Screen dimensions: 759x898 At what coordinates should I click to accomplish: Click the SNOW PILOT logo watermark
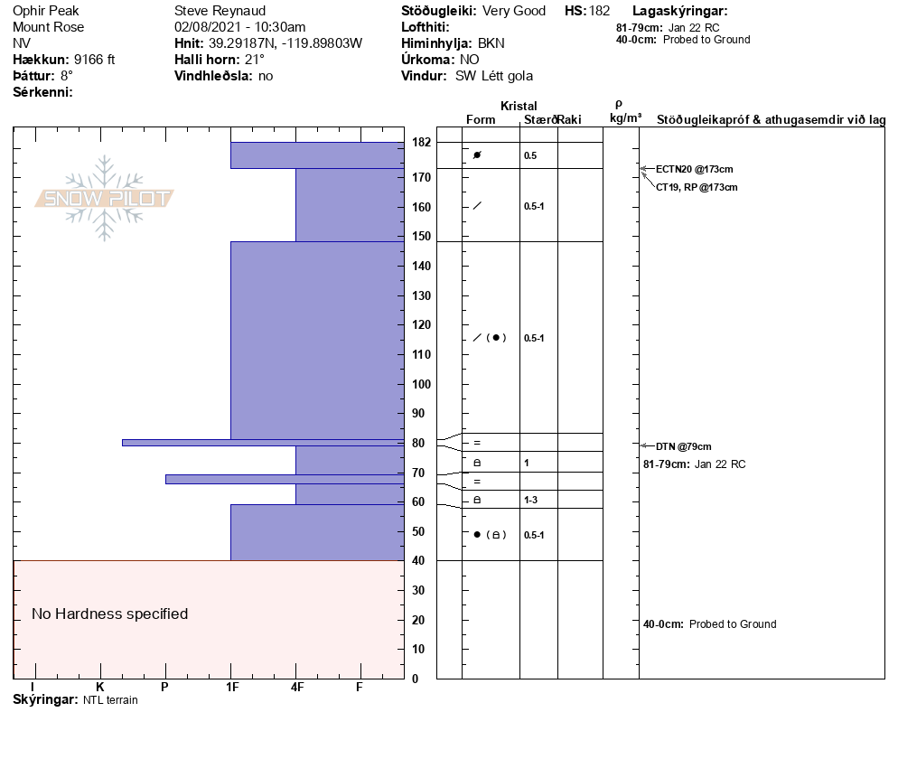tap(105, 199)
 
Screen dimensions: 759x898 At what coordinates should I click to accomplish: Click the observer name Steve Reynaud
tap(220, 11)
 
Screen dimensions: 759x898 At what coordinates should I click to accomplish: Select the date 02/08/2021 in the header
tap(206, 27)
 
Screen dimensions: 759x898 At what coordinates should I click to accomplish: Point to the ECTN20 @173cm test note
tap(694, 169)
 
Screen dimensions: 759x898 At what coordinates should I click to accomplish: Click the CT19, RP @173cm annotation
tap(697, 187)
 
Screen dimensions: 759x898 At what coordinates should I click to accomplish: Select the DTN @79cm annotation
tap(684, 446)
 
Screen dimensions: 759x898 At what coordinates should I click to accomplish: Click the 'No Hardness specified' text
tap(110, 614)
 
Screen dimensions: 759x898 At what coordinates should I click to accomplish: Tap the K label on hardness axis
tap(99, 688)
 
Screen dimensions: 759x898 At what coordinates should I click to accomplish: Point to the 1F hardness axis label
tap(231, 688)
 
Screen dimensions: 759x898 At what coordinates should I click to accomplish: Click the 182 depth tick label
tap(421, 143)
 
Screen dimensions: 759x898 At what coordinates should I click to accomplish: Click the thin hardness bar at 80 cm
tap(262, 443)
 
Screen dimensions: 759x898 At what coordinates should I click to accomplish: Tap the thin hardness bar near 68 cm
tap(284, 479)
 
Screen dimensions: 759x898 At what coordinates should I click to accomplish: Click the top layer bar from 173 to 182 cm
tap(316, 155)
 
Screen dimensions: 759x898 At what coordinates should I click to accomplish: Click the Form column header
tap(481, 119)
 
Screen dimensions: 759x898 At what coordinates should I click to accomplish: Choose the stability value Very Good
tap(514, 11)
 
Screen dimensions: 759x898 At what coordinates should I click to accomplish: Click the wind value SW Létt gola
tap(494, 76)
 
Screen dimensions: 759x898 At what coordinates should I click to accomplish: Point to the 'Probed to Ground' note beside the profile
tap(732, 624)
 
